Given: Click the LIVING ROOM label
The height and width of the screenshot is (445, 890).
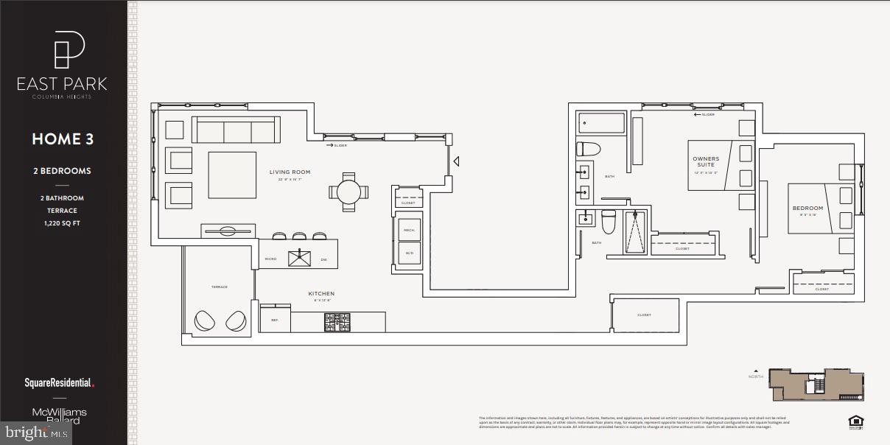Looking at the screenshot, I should tap(290, 172).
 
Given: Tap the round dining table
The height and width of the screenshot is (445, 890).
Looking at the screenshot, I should tap(348, 192).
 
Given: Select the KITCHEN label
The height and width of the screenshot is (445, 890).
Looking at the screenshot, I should tap(321, 293).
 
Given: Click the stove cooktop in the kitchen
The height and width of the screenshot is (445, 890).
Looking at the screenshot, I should tap(338, 322).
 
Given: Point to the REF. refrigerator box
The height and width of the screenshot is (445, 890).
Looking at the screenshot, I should tap(275, 320).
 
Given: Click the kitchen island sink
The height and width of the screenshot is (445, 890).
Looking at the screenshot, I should tap(300, 257).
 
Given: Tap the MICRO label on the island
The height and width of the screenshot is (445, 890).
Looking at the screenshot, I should tap(271, 259).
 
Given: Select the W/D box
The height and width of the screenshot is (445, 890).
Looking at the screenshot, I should tap(409, 253).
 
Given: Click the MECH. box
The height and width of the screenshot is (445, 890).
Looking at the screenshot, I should tap(409, 229).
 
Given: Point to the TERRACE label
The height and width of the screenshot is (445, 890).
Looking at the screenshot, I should tap(219, 287).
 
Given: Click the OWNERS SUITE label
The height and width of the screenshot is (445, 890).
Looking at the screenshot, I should tap(706, 162).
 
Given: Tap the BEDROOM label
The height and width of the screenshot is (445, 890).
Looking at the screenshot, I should tap(807, 209).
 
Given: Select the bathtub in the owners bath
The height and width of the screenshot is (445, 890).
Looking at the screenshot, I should tap(601, 123).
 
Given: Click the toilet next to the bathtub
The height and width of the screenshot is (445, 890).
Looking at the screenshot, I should tap(589, 149).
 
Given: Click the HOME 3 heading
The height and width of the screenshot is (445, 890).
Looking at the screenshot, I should tap(63, 139).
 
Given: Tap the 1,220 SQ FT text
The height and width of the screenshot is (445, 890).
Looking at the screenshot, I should tap(62, 222).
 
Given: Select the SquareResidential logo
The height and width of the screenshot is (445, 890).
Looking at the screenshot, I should tap(60, 383).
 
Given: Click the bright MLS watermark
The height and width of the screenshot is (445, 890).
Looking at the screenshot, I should tap(35, 432).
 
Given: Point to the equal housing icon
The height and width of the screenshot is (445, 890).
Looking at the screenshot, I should tap(855, 422).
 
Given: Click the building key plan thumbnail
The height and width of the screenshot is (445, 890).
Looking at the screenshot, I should tap(816, 385).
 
